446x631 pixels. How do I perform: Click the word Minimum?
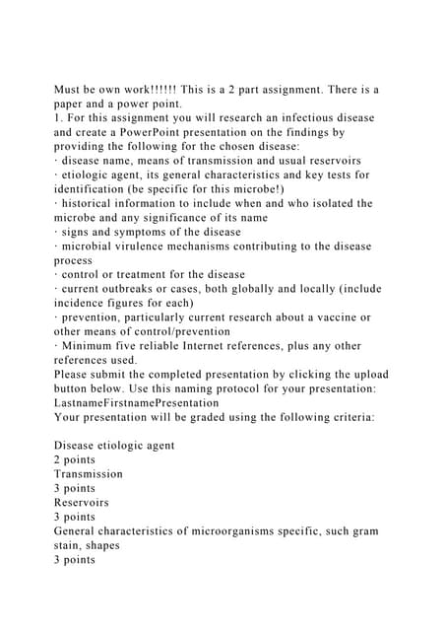coord(92,346)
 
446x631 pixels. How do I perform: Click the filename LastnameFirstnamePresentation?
coord(136,403)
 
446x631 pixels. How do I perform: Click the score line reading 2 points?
coord(75,460)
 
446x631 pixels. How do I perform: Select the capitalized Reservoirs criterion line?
coord(82,503)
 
